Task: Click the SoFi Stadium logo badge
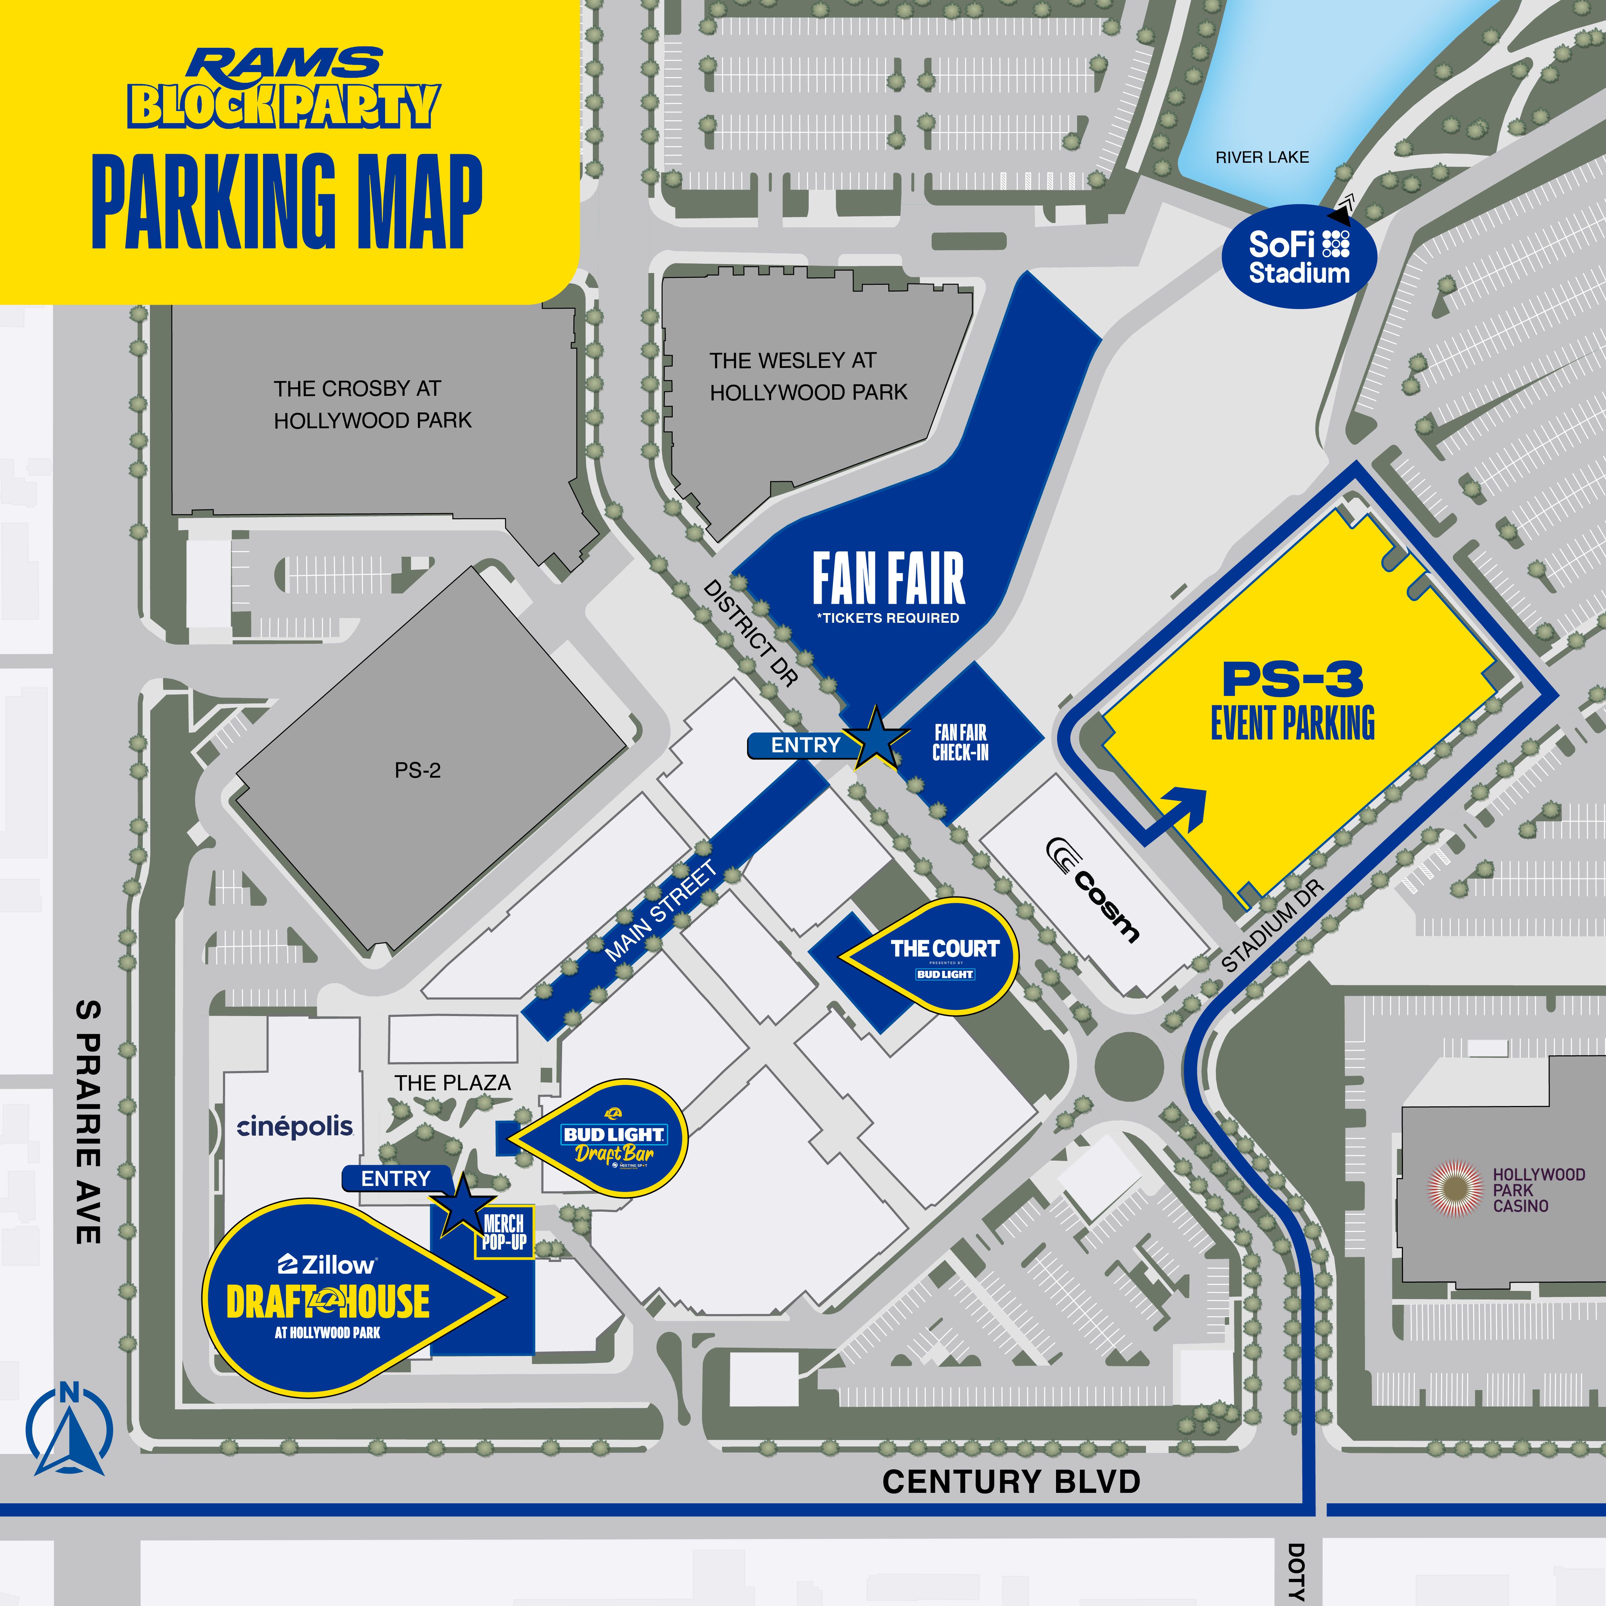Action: pyautogui.click(x=1298, y=257)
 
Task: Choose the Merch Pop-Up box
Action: pyautogui.click(x=504, y=1233)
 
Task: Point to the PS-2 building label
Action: pyautogui.click(x=417, y=771)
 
